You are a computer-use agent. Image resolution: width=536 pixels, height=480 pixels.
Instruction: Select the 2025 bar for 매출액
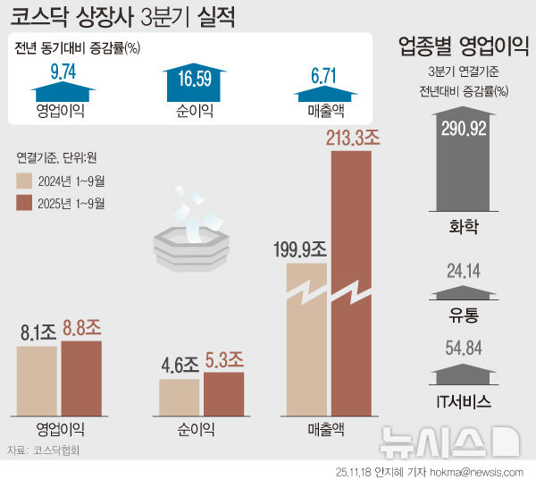tap(351, 286)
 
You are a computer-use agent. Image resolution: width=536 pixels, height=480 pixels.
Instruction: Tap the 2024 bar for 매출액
tap(306, 349)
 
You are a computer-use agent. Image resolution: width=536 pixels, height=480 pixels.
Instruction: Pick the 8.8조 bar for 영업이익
tap(81, 375)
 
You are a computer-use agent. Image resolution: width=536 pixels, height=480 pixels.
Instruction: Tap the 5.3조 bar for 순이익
tap(222, 392)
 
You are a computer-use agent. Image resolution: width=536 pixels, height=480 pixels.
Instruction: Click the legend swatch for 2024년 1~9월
tap(26, 181)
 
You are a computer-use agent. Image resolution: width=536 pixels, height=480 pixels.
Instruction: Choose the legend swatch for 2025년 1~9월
tap(26, 203)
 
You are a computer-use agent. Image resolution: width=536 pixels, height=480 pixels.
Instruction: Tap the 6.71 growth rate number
tap(323, 71)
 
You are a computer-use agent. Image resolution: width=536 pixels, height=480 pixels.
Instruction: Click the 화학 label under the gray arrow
tap(464, 226)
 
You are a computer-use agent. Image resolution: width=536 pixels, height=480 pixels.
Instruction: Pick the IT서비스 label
tap(464, 401)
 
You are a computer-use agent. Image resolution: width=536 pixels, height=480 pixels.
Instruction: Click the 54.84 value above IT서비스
tap(464, 348)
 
